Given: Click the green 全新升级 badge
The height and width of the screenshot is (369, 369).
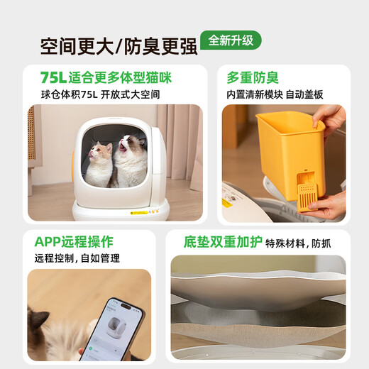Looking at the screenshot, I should pos(231,40).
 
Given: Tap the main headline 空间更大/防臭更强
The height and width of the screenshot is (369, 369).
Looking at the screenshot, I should pos(118,46).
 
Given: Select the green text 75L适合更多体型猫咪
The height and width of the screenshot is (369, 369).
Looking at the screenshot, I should pos(106,77).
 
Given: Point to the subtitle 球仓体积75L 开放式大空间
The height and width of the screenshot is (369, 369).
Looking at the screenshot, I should pos(100,94).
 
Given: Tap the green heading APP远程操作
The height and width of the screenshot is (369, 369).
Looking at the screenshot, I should pos(74,242).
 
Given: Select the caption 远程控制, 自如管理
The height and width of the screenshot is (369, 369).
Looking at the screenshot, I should pos(77,258).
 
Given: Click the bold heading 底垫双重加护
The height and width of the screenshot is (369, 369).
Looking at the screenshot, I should pos(214,242).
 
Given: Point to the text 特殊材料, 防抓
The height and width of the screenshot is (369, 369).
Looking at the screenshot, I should pos(298,243).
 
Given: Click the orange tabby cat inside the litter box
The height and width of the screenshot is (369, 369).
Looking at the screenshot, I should pos(99,163).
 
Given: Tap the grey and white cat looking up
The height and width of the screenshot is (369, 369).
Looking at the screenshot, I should pos(131,160).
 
